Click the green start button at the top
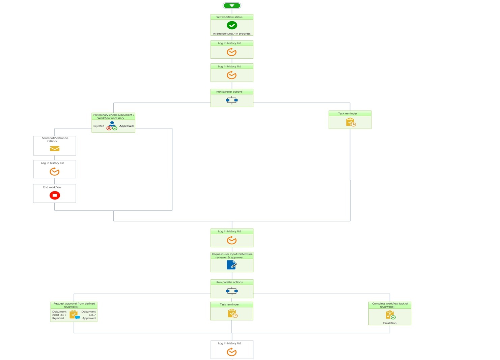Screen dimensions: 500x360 [x=232, y=5]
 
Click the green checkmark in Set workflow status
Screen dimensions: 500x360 [x=232, y=25]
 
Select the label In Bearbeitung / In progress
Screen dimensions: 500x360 [x=232, y=34]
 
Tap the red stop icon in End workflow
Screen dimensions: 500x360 [x=55, y=196]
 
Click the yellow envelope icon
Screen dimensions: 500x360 [x=55, y=149]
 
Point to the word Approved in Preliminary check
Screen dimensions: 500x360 [x=126, y=126]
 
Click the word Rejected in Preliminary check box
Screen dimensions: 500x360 [x=99, y=126]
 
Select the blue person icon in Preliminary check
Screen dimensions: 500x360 [x=112, y=124]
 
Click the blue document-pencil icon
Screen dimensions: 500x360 [x=232, y=265]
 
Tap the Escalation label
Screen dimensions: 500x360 [x=390, y=323]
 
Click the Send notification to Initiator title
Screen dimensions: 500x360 [x=55, y=140]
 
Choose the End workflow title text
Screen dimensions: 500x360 [x=52, y=187]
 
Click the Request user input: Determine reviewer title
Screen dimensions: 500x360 [x=232, y=256]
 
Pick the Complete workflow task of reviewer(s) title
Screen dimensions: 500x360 [x=390, y=305]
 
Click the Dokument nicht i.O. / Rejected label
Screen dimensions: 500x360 [x=59, y=315]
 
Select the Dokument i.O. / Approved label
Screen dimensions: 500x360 [x=89, y=315]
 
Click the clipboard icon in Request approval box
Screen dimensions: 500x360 [x=74, y=314]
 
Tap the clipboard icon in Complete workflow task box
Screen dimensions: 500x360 [x=390, y=315]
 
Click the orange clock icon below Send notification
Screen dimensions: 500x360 [x=54, y=172]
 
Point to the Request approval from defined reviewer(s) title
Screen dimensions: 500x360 [x=74, y=305]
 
